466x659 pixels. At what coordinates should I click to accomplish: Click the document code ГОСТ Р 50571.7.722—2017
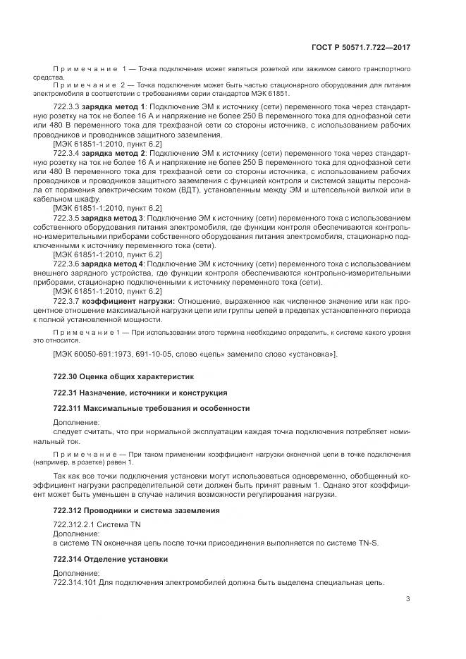360,47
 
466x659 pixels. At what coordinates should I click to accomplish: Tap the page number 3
408,599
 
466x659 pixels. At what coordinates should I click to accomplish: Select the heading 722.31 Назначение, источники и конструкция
140,392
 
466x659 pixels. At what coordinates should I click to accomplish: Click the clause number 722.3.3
66,106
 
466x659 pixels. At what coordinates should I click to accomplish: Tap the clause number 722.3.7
66,301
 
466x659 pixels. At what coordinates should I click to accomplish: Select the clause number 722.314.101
75,582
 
